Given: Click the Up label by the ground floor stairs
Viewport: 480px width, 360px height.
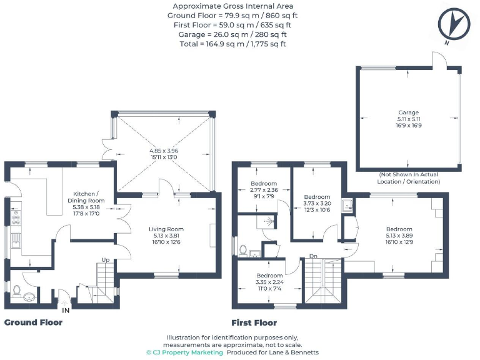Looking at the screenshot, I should tap(106, 259).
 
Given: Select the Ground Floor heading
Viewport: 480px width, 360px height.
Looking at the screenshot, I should tap(34, 322).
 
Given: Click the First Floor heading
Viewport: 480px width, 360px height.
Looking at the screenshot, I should tap(254, 322).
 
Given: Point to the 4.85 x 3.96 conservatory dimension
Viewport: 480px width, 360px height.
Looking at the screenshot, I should tap(163, 154).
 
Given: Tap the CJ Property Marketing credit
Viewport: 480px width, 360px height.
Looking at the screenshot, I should tap(184, 352).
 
